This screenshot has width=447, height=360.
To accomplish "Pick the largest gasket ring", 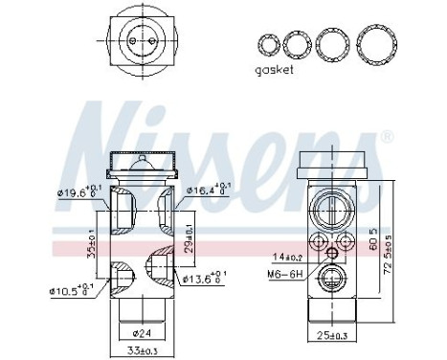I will point(376,42).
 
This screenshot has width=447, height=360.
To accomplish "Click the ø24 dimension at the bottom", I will point(144,334).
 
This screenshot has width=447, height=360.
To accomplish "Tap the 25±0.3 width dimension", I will point(330,334).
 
